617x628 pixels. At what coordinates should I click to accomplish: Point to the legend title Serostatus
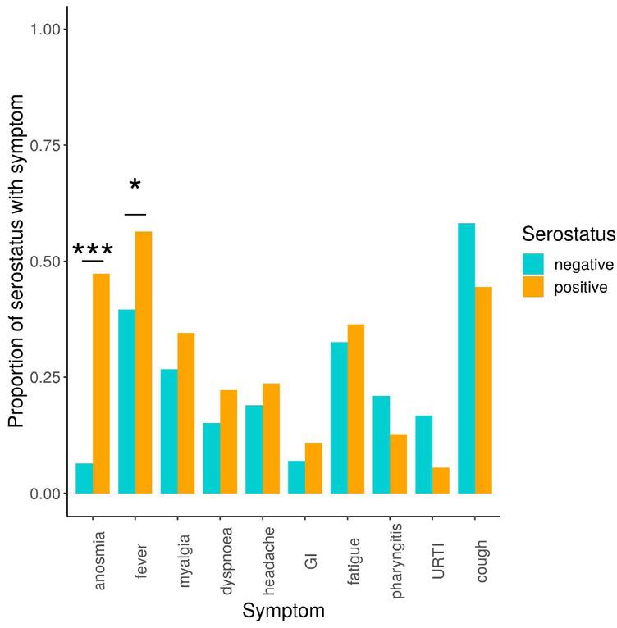[569, 235]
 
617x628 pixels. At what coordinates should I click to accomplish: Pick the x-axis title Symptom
[284, 611]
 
